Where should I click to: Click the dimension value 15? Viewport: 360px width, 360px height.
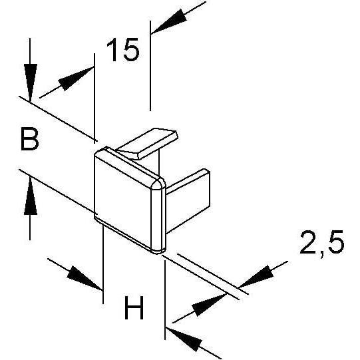coord(123,50)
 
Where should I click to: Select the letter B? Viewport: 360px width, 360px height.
coord(30,140)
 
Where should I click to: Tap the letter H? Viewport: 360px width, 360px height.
coord(134,307)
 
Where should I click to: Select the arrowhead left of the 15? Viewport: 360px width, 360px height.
coord(76,78)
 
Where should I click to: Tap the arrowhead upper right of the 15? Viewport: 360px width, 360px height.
coord(169,21)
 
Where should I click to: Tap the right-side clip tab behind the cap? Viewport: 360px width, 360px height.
coord(188,200)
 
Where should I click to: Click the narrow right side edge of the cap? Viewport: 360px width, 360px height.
coord(158,218)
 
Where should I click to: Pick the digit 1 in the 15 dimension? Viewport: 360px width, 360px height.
coord(111,50)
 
